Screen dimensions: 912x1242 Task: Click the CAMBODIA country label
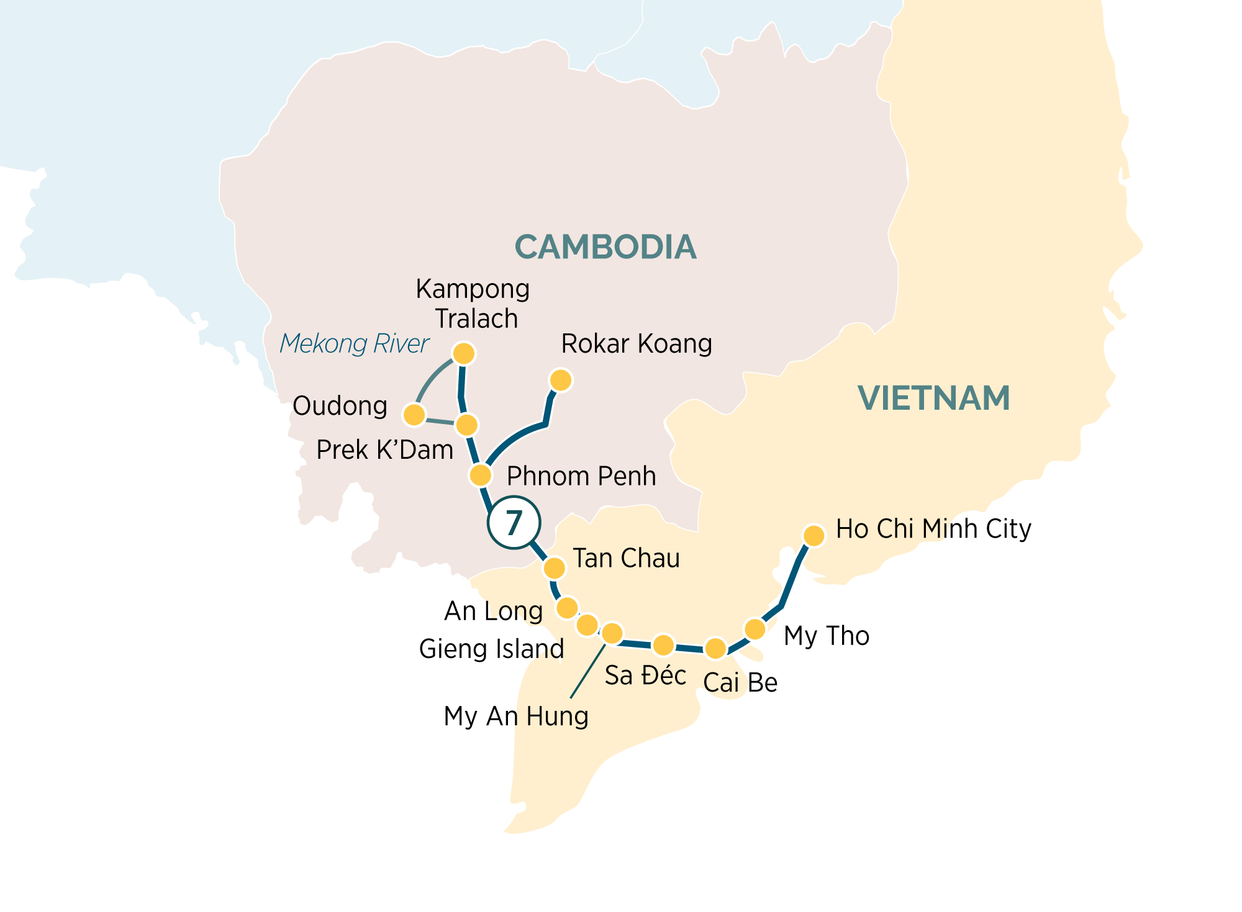605,247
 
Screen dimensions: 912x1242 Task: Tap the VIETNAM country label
934,398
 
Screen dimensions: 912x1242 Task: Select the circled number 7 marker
514,523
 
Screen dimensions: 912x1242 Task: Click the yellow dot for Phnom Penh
480,476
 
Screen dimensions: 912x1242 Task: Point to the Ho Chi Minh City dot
814,535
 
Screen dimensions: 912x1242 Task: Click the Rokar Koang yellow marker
561,380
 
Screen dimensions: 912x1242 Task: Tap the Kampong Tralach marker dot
464,353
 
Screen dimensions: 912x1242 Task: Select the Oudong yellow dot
414,414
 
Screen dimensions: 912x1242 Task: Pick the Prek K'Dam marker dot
467,425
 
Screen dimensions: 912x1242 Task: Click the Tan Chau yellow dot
555,567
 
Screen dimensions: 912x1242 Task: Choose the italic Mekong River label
354,343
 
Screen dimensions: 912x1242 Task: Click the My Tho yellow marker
755,629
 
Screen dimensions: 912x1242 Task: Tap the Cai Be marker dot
715,648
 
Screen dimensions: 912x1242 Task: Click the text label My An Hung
516,716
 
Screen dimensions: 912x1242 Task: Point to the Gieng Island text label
491,649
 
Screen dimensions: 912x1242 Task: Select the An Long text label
494,612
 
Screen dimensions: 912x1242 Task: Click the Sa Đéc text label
645,675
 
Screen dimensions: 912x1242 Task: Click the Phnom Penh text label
581,476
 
